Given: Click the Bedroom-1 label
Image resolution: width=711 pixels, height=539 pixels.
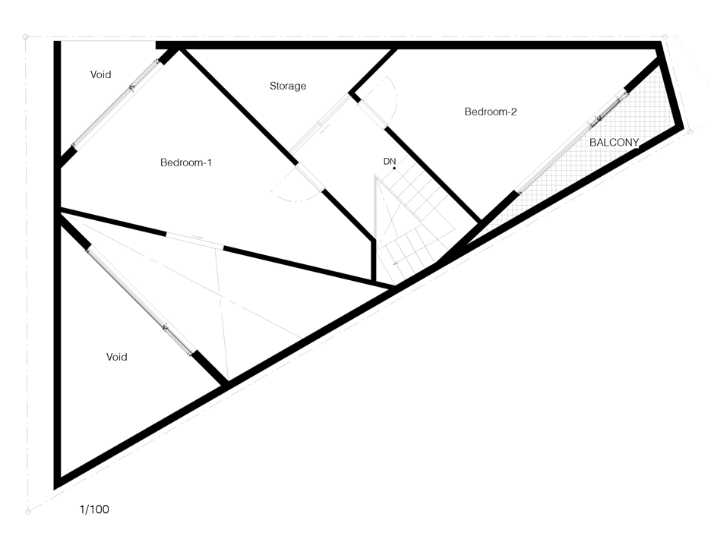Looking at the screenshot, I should [x=185, y=162].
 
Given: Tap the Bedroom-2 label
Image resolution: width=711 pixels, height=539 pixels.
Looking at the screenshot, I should [x=490, y=112].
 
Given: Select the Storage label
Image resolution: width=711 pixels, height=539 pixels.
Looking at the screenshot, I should [x=288, y=86].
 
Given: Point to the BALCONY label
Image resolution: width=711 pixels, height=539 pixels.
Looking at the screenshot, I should [x=614, y=142].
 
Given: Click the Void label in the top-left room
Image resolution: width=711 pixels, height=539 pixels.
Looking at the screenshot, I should [x=101, y=74].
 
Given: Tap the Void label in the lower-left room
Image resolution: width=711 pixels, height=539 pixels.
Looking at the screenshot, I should [x=116, y=357].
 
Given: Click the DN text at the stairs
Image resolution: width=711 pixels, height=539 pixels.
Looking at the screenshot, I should [x=390, y=161].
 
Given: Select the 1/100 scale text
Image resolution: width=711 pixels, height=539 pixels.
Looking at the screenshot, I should [x=94, y=509].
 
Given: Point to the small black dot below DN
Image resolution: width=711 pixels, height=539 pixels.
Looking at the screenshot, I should [x=394, y=169].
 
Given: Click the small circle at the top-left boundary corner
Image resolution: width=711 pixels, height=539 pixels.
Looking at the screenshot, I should [x=26, y=36].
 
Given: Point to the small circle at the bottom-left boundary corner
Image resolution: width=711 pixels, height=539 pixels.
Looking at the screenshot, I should [x=27, y=512].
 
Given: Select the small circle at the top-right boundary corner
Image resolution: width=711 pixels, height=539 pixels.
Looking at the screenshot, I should [x=665, y=35].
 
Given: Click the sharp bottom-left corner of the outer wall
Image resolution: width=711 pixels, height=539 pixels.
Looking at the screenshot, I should [x=57, y=484].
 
